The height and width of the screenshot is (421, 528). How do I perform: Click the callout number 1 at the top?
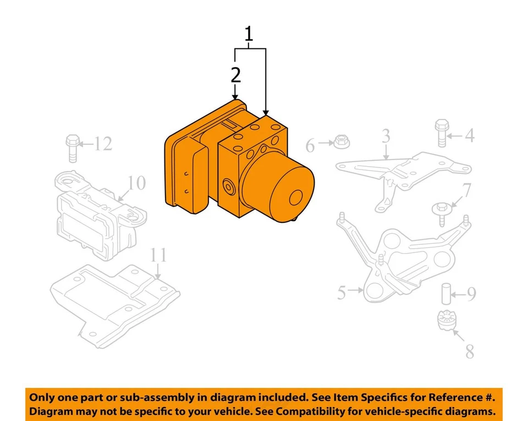coord(249,34)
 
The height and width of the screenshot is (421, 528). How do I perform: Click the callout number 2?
coord(236,75)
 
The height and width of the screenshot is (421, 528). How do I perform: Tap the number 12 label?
coord(102,144)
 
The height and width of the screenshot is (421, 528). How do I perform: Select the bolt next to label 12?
coord(71,147)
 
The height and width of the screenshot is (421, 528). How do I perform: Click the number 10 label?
coord(137,182)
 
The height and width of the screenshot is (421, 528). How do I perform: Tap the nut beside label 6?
coord(340,143)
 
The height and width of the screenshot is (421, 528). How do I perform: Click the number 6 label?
coord(310,146)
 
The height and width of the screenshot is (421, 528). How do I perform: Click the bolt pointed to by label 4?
coord(442,133)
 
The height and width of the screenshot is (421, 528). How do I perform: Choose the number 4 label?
coord(469,135)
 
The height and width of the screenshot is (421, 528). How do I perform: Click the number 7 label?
coord(466,190)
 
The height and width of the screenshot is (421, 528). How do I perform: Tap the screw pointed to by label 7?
coord(441,212)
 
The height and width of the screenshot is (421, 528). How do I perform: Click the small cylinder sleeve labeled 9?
coord(445,294)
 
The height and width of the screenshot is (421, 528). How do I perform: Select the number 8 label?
coord(469,352)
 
